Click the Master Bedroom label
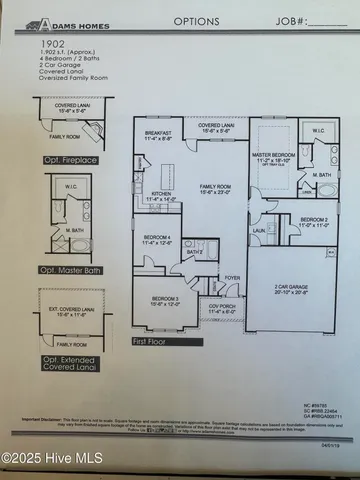coord(273,126)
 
